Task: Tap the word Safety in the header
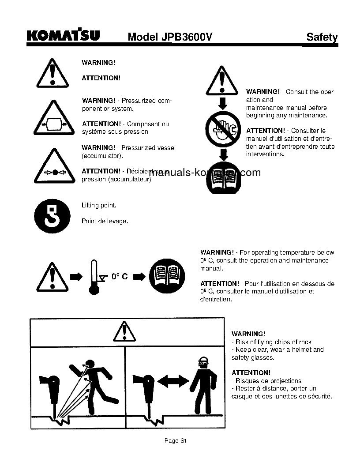click(x=322, y=38)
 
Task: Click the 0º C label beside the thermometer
click(x=119, y=277)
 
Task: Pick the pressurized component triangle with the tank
click(x=52, y=120)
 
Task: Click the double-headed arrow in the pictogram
click(x=172, y=380)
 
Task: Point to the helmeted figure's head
click(x=203, y=362)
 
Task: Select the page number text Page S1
click(x=176, y=440)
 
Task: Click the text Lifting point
click(x=99, y=205)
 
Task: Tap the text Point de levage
click(x=105, y=221)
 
